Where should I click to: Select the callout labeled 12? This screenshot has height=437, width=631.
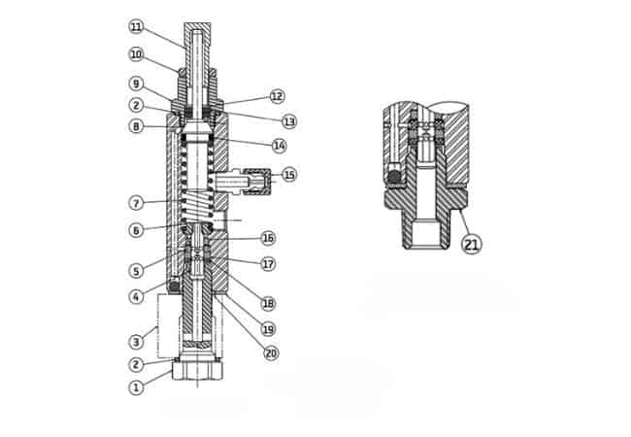pos(277,96)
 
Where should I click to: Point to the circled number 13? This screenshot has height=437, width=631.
pos(289,121)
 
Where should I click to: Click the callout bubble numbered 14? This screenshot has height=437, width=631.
pos(280,146)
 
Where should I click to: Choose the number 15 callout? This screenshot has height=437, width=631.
pos(289,175)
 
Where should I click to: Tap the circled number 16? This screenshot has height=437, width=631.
pos(268,238)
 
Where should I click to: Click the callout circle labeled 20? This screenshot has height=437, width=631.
pos(271,353)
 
